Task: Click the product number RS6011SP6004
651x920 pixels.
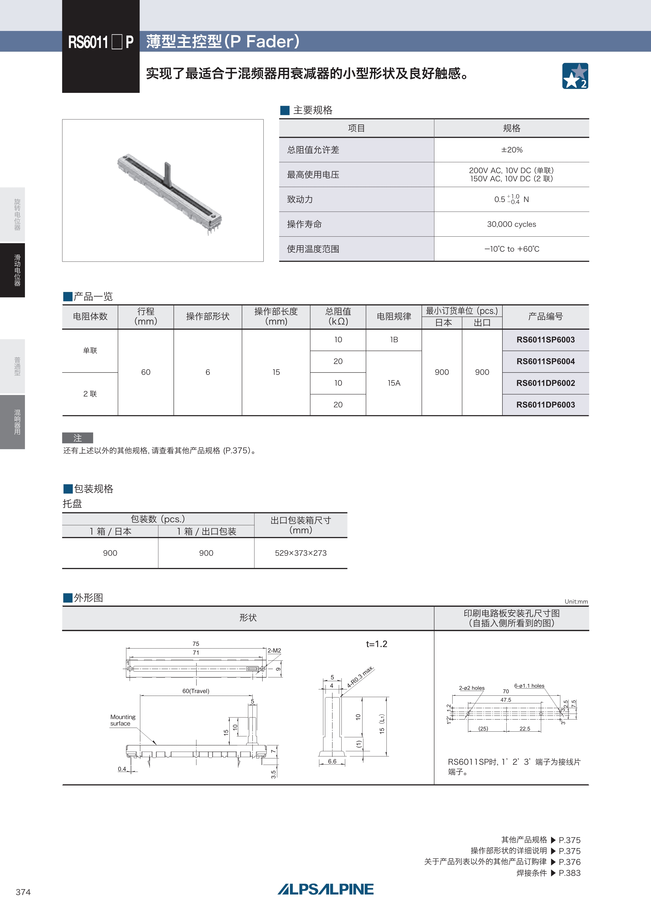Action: click(x=545, y=361)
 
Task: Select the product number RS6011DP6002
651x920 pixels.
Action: click(x=545, y=383)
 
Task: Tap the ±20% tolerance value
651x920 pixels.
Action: click(x=512, y=150)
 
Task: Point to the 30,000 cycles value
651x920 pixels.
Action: click(x=512, y=224)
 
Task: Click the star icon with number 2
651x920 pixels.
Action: click(x=575, y=76)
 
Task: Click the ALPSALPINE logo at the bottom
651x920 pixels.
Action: click(x=325, y=889)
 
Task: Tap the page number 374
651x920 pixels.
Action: click(x=23, y=892)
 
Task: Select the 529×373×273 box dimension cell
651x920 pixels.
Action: click(x=301, y=553)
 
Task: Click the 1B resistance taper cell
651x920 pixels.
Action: click(x=394, y=340)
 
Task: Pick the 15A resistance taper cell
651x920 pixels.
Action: click(x=394, y=383)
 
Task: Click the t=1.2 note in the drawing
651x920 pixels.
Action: click(x=376, y=644)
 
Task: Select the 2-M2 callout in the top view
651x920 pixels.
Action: click(x=274, y=650)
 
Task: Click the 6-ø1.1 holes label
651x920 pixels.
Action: click(x=529, y=685)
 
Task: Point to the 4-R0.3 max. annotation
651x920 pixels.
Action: click(x=360, y=677)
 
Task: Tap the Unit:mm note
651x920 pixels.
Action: click(x=576, y=602)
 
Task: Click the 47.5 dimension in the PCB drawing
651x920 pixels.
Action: click(x=506, y=700)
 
